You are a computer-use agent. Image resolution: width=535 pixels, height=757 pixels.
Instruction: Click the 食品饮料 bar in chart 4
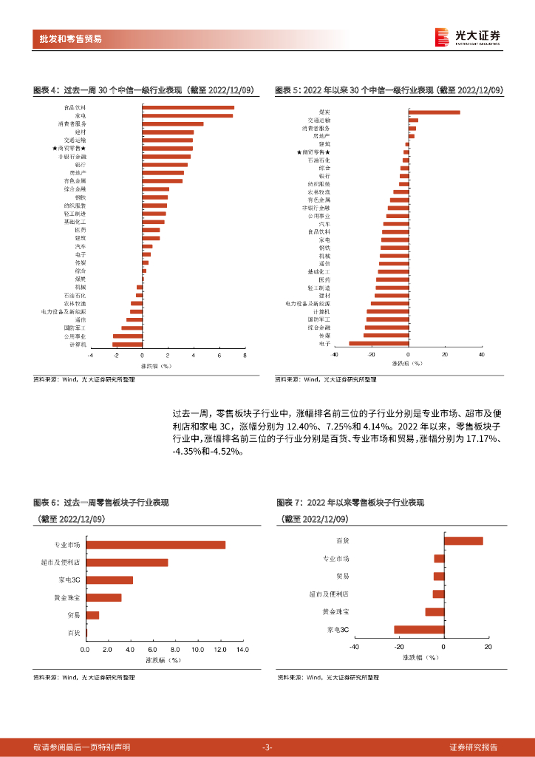pos(188,108)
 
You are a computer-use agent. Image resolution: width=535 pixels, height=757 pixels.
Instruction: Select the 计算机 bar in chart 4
pos(127,344)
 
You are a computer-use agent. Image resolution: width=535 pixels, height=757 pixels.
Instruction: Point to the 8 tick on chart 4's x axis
pos(245,356)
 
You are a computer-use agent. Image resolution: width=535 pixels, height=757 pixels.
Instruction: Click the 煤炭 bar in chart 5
pos(433,112)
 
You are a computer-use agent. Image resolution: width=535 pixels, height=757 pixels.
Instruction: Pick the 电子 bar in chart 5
pos(378,343)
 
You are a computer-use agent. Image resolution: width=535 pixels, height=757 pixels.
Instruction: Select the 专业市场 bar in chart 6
pos(155,545)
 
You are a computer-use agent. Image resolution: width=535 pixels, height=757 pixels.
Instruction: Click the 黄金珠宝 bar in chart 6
pos(103,597)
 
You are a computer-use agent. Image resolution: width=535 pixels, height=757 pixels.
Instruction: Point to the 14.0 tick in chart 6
pos(242,650)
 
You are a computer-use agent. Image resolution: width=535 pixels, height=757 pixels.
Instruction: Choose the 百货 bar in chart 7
pos(463,541)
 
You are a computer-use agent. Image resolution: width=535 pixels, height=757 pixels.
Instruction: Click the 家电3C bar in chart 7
pos(419,630)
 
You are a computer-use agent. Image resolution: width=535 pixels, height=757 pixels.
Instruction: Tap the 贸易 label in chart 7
pos(342,576)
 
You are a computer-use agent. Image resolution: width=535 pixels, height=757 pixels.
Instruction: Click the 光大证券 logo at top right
pos(468,37)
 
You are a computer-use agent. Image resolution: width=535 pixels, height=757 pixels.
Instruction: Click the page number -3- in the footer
pos(267,747)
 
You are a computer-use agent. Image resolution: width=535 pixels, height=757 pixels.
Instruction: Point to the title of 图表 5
pos(389,90)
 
